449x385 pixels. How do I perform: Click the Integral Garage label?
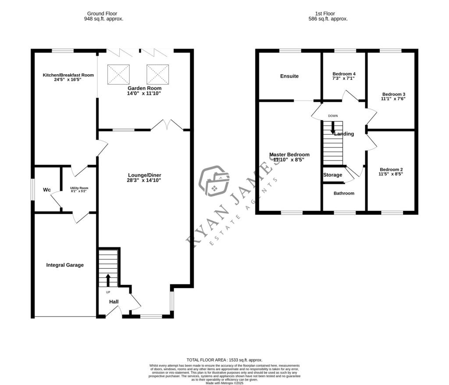click(x=65, y=265)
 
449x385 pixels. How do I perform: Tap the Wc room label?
click(x=47, y=190)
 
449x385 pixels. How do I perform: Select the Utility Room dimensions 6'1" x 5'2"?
click(x=79, y=191)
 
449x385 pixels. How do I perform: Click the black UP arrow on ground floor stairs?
click(x=108, y=280)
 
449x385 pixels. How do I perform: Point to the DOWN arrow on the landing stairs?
click(x=332, y=128)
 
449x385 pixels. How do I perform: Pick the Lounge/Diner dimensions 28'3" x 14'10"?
click(x=144, y=180)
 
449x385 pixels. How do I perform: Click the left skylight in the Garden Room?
click(x=118, y=74)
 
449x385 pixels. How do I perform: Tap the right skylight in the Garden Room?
click(x=158, y=74)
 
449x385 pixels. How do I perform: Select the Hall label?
click(x=114, y=302)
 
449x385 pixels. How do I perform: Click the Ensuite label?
click(x=289, y=76)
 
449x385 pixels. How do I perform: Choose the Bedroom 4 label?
click(x=344, y=74)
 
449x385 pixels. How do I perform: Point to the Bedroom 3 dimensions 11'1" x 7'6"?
click(x=393, y=99)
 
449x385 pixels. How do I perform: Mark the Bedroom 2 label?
click(x=391, y=169)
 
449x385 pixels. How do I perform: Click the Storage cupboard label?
click(x=332, y=175)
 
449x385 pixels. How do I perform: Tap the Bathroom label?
click(x=344, y=193)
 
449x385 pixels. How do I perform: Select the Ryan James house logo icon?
click(x=214, y=181)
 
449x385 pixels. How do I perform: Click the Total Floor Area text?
click(x=224, y=360)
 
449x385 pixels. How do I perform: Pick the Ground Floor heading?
click(x=102, y=14)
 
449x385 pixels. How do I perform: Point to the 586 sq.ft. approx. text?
click(x=328, y=19)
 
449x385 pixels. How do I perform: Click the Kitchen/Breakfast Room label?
click(x=68, y=75)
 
